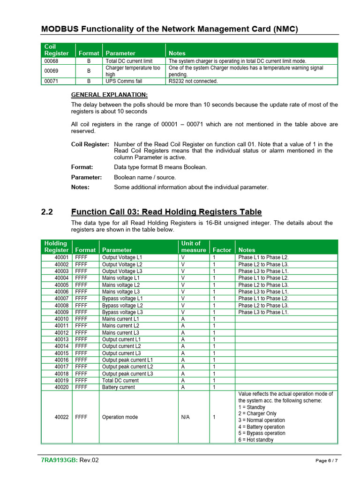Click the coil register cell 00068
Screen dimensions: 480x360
(x=51, y=61)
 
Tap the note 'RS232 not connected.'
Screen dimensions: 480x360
(x=193, y=81)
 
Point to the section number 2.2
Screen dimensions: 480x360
(x=47, y=212)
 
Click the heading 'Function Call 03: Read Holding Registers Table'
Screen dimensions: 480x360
(x=166, y=212)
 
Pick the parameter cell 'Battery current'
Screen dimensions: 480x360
(x=118, y=387)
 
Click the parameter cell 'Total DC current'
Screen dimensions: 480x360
(x=120, y=381)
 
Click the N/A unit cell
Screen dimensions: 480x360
(x=185, y=417)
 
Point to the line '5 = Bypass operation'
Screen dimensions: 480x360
(x=262, y=433)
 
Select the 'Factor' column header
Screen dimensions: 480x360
(x=222, y=250)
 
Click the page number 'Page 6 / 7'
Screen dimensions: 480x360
(x=326, y=461)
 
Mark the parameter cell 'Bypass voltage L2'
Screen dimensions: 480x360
(x=122, y=306)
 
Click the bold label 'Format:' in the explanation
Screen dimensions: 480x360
(x=82, y=167)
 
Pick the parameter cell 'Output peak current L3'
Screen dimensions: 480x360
(x=127, y=374)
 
